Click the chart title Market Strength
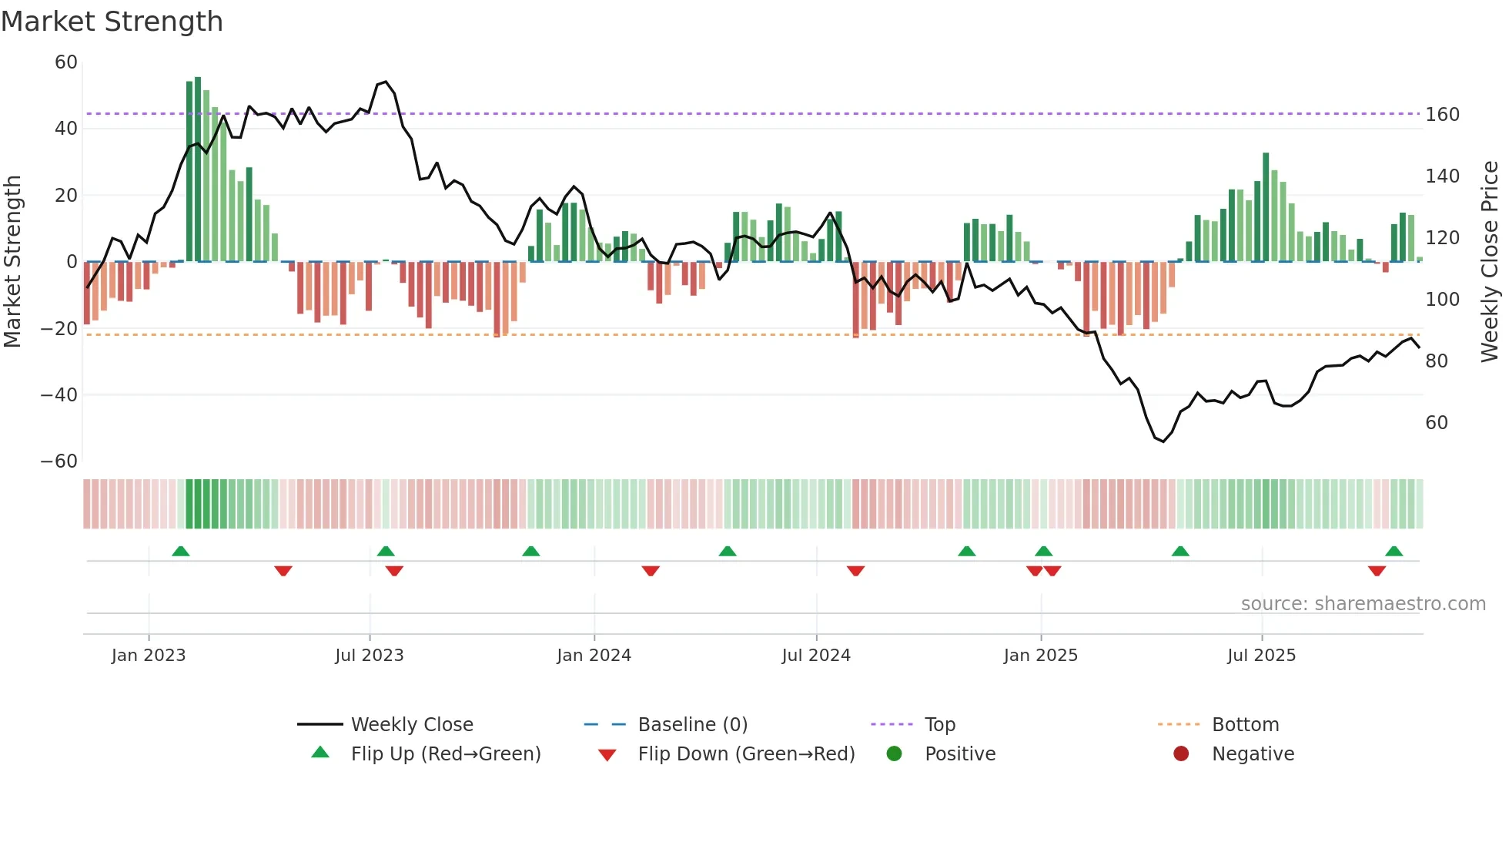coord(112,22)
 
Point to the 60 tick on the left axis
coord(66,62)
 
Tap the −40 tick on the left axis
coord(59,395)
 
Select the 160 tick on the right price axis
coord(1442,115)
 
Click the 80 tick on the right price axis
coord(1437,361)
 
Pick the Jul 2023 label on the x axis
coord(369,656)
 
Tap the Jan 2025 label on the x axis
coord(1040,656)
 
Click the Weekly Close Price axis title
coord(1490,261)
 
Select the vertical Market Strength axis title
coord(12,261)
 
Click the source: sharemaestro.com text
coord(1363,604)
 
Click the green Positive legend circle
coord(894,754)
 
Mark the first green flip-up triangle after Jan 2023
coord(181,552)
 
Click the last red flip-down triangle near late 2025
coord(1377,571)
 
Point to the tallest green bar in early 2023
coord(198,169)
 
